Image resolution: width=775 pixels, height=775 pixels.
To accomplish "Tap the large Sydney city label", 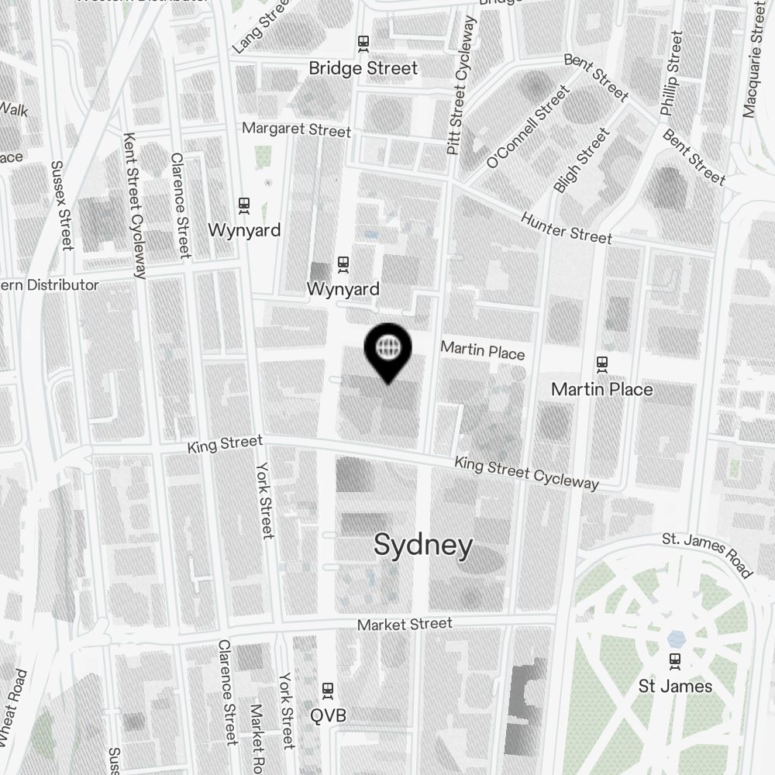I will [x=423, y=546].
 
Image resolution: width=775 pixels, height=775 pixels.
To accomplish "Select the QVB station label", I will [x=327, y=715].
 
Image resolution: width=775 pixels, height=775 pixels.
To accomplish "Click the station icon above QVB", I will [x=328, y=689].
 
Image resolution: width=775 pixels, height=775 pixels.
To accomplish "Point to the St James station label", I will [x=675, y=686].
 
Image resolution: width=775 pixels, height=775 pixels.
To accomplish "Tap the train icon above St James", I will [x=676, y=660].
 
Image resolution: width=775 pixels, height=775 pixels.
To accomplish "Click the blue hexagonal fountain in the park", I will [x=676, y=638].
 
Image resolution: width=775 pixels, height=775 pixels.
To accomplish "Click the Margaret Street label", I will [x=296, y=129].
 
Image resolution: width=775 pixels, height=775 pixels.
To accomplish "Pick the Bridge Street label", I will [x=363, y=68].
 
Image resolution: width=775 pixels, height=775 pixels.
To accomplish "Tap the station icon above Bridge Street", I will [x=363, y=42].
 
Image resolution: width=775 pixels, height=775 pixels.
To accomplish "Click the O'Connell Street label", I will [x=528, y=128].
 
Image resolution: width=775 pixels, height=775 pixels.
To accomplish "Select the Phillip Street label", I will [x=671, y=74].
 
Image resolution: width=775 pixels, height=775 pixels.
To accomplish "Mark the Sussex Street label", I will [x=61, y=205].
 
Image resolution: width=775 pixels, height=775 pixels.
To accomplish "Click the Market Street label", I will [x=405, y=624].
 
